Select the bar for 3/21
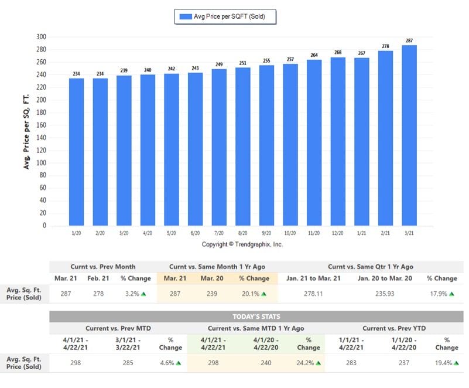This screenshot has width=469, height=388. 409,135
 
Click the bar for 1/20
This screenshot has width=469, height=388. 76,152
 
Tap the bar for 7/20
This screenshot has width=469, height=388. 218,147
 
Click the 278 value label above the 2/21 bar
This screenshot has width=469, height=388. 385,46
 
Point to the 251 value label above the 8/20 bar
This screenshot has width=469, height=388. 242,63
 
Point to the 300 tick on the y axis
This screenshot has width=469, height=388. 41,37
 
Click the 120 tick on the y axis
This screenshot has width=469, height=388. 41,150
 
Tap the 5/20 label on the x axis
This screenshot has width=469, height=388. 171,233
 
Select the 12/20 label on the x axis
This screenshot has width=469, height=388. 338,233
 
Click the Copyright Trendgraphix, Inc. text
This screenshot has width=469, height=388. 242,244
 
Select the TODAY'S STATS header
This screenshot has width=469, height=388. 256,316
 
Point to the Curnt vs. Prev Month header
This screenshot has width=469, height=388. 102,266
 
